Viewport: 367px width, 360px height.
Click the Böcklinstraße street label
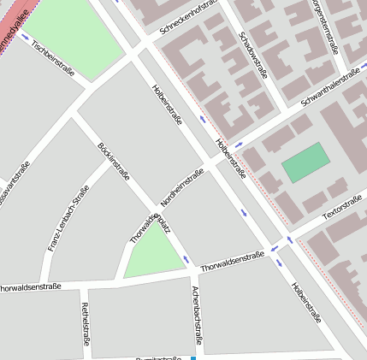coord(115,162)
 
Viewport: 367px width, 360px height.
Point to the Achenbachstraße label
coord(197,315)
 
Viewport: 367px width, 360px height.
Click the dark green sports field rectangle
coord(305,162)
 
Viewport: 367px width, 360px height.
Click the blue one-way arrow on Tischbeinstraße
coord(25,37)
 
